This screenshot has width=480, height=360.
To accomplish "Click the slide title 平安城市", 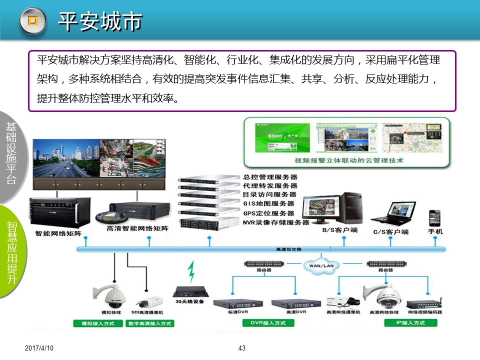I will [100, 21].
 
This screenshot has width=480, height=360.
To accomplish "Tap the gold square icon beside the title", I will [32, 20].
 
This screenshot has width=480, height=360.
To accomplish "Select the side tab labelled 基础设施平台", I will [11, 152].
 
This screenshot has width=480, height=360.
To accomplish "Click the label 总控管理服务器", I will [270, 177].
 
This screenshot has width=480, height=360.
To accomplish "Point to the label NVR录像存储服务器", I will [276, 222].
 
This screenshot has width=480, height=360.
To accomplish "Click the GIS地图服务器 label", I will [268, 203].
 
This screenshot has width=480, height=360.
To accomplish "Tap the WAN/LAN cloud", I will [321, 265].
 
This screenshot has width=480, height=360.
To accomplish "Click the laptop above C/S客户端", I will [393, 213].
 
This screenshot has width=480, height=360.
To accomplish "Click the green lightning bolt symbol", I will [191, 271].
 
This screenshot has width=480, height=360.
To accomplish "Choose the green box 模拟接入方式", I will [98, 323].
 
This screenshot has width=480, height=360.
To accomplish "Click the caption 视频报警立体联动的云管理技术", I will [349, 161].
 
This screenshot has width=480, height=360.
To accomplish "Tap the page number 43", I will [242, 348].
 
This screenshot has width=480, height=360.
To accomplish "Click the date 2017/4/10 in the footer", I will [39, 348].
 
